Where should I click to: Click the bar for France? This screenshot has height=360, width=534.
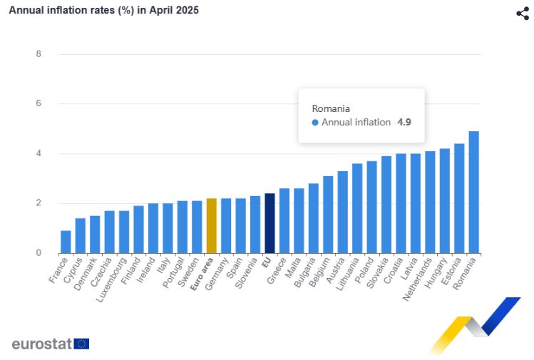click(66, 242)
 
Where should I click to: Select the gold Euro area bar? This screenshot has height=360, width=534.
click(211, 226)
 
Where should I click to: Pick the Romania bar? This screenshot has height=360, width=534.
click(473, 192)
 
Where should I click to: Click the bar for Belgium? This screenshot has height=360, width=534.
click(328, 215)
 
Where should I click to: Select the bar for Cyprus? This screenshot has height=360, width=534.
click(81, 236)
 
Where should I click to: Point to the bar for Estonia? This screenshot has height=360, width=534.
click(459, 199)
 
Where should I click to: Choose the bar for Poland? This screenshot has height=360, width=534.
click(371, 207)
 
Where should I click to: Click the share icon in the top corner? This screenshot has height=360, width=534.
click(523, 14)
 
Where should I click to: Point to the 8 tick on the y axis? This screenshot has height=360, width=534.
click(38, 54)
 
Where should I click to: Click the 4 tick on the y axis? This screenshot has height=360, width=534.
click(38, 153)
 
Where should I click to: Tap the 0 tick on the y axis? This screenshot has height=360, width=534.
click(38, 253)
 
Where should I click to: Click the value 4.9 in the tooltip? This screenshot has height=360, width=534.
click(404, 123)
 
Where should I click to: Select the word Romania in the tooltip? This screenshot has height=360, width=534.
click(331, 108)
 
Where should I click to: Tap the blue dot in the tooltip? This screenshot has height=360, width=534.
click(316, 123)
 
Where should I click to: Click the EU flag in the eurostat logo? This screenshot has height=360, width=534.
click(81, 344)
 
